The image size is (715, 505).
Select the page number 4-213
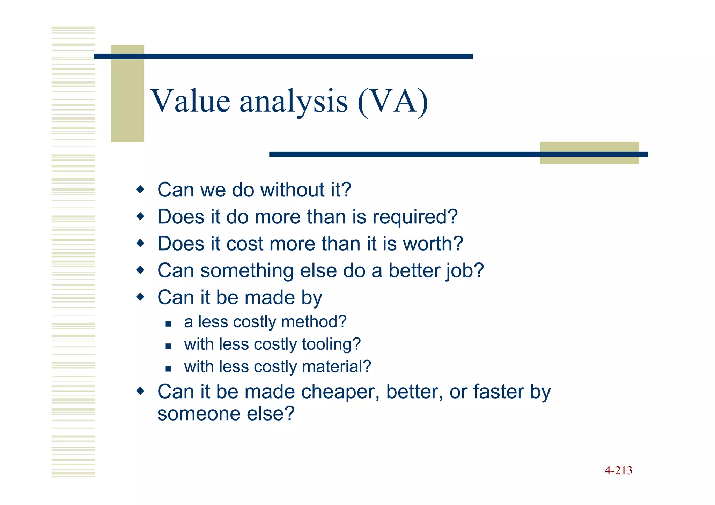pos(618,470)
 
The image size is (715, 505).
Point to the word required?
pos(415,217)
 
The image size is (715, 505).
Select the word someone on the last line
pos(199,414)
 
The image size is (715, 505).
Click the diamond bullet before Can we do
pos(140,190)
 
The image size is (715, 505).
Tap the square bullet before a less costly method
pos(169,324)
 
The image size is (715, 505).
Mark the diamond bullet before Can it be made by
pos(140,297)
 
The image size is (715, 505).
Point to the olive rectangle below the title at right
pos(589,153)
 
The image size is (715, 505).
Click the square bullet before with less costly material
pos(169,369)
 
